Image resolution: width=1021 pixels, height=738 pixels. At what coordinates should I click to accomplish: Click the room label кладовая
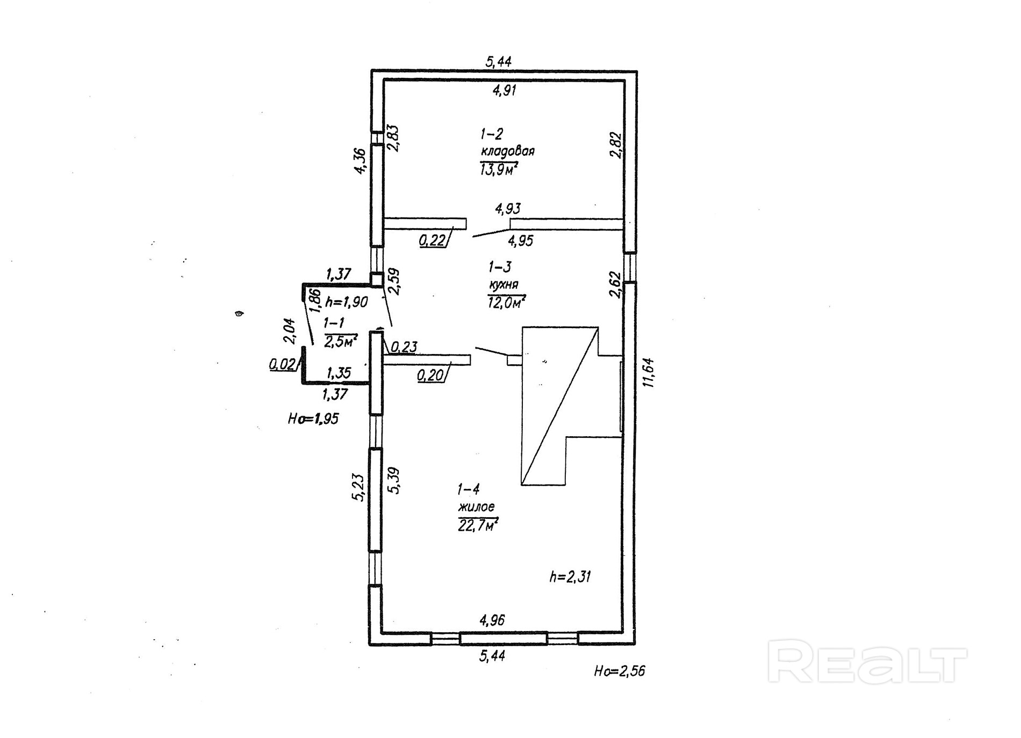point(507,151)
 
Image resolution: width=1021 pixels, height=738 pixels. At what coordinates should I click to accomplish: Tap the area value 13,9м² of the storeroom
point(499,170)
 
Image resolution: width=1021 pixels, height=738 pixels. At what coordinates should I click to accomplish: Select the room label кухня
point(503,285)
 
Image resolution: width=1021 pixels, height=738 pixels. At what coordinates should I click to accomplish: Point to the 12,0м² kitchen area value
point(506,302)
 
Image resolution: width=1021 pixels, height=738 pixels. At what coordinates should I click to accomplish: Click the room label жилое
point(476,507)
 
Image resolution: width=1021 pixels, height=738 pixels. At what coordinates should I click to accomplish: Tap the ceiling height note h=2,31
point(570,577)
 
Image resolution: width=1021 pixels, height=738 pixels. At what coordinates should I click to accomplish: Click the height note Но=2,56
point(619,671)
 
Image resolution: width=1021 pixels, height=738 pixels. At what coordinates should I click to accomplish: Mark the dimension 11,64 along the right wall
point(649,372)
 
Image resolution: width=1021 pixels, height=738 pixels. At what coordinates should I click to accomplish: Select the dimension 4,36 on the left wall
point(359,161)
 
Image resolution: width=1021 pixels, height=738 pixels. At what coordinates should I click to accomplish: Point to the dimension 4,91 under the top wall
point(504,90)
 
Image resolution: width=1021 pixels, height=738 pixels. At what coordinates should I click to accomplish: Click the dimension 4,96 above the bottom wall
point(492,620)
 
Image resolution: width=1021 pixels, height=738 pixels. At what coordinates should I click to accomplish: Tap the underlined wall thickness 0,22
point(433,240)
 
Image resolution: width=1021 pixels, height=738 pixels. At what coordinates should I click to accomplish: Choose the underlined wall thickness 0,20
point(430,375)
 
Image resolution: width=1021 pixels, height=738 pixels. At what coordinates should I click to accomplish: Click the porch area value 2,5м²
point(341,341)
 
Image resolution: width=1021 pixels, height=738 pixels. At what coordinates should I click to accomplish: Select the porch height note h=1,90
point(347,302)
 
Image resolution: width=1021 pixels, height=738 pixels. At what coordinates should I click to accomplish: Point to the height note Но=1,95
point(313,418)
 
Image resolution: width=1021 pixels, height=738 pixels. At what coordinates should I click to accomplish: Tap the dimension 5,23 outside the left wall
point(358,488)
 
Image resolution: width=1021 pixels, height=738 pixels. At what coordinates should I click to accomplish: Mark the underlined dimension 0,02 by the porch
point(283,365)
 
